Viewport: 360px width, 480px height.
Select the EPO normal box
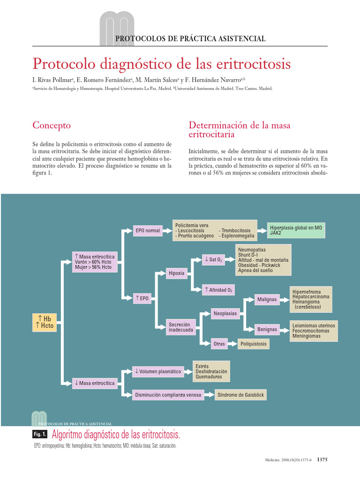[147, 230]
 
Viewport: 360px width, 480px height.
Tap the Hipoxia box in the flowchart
[176, 273]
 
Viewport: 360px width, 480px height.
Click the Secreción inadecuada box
[180, 327]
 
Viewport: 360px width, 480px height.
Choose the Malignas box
[267, 299]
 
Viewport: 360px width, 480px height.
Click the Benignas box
[267, 330]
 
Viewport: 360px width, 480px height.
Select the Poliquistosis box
[254, 344]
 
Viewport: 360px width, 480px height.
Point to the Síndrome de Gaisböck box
[240, 395]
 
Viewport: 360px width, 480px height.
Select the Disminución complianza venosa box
[168, 395]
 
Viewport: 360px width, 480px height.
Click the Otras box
[219, 344]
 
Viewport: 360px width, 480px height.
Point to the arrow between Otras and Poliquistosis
[233, 344]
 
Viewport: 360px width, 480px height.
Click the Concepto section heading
[52, 125]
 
